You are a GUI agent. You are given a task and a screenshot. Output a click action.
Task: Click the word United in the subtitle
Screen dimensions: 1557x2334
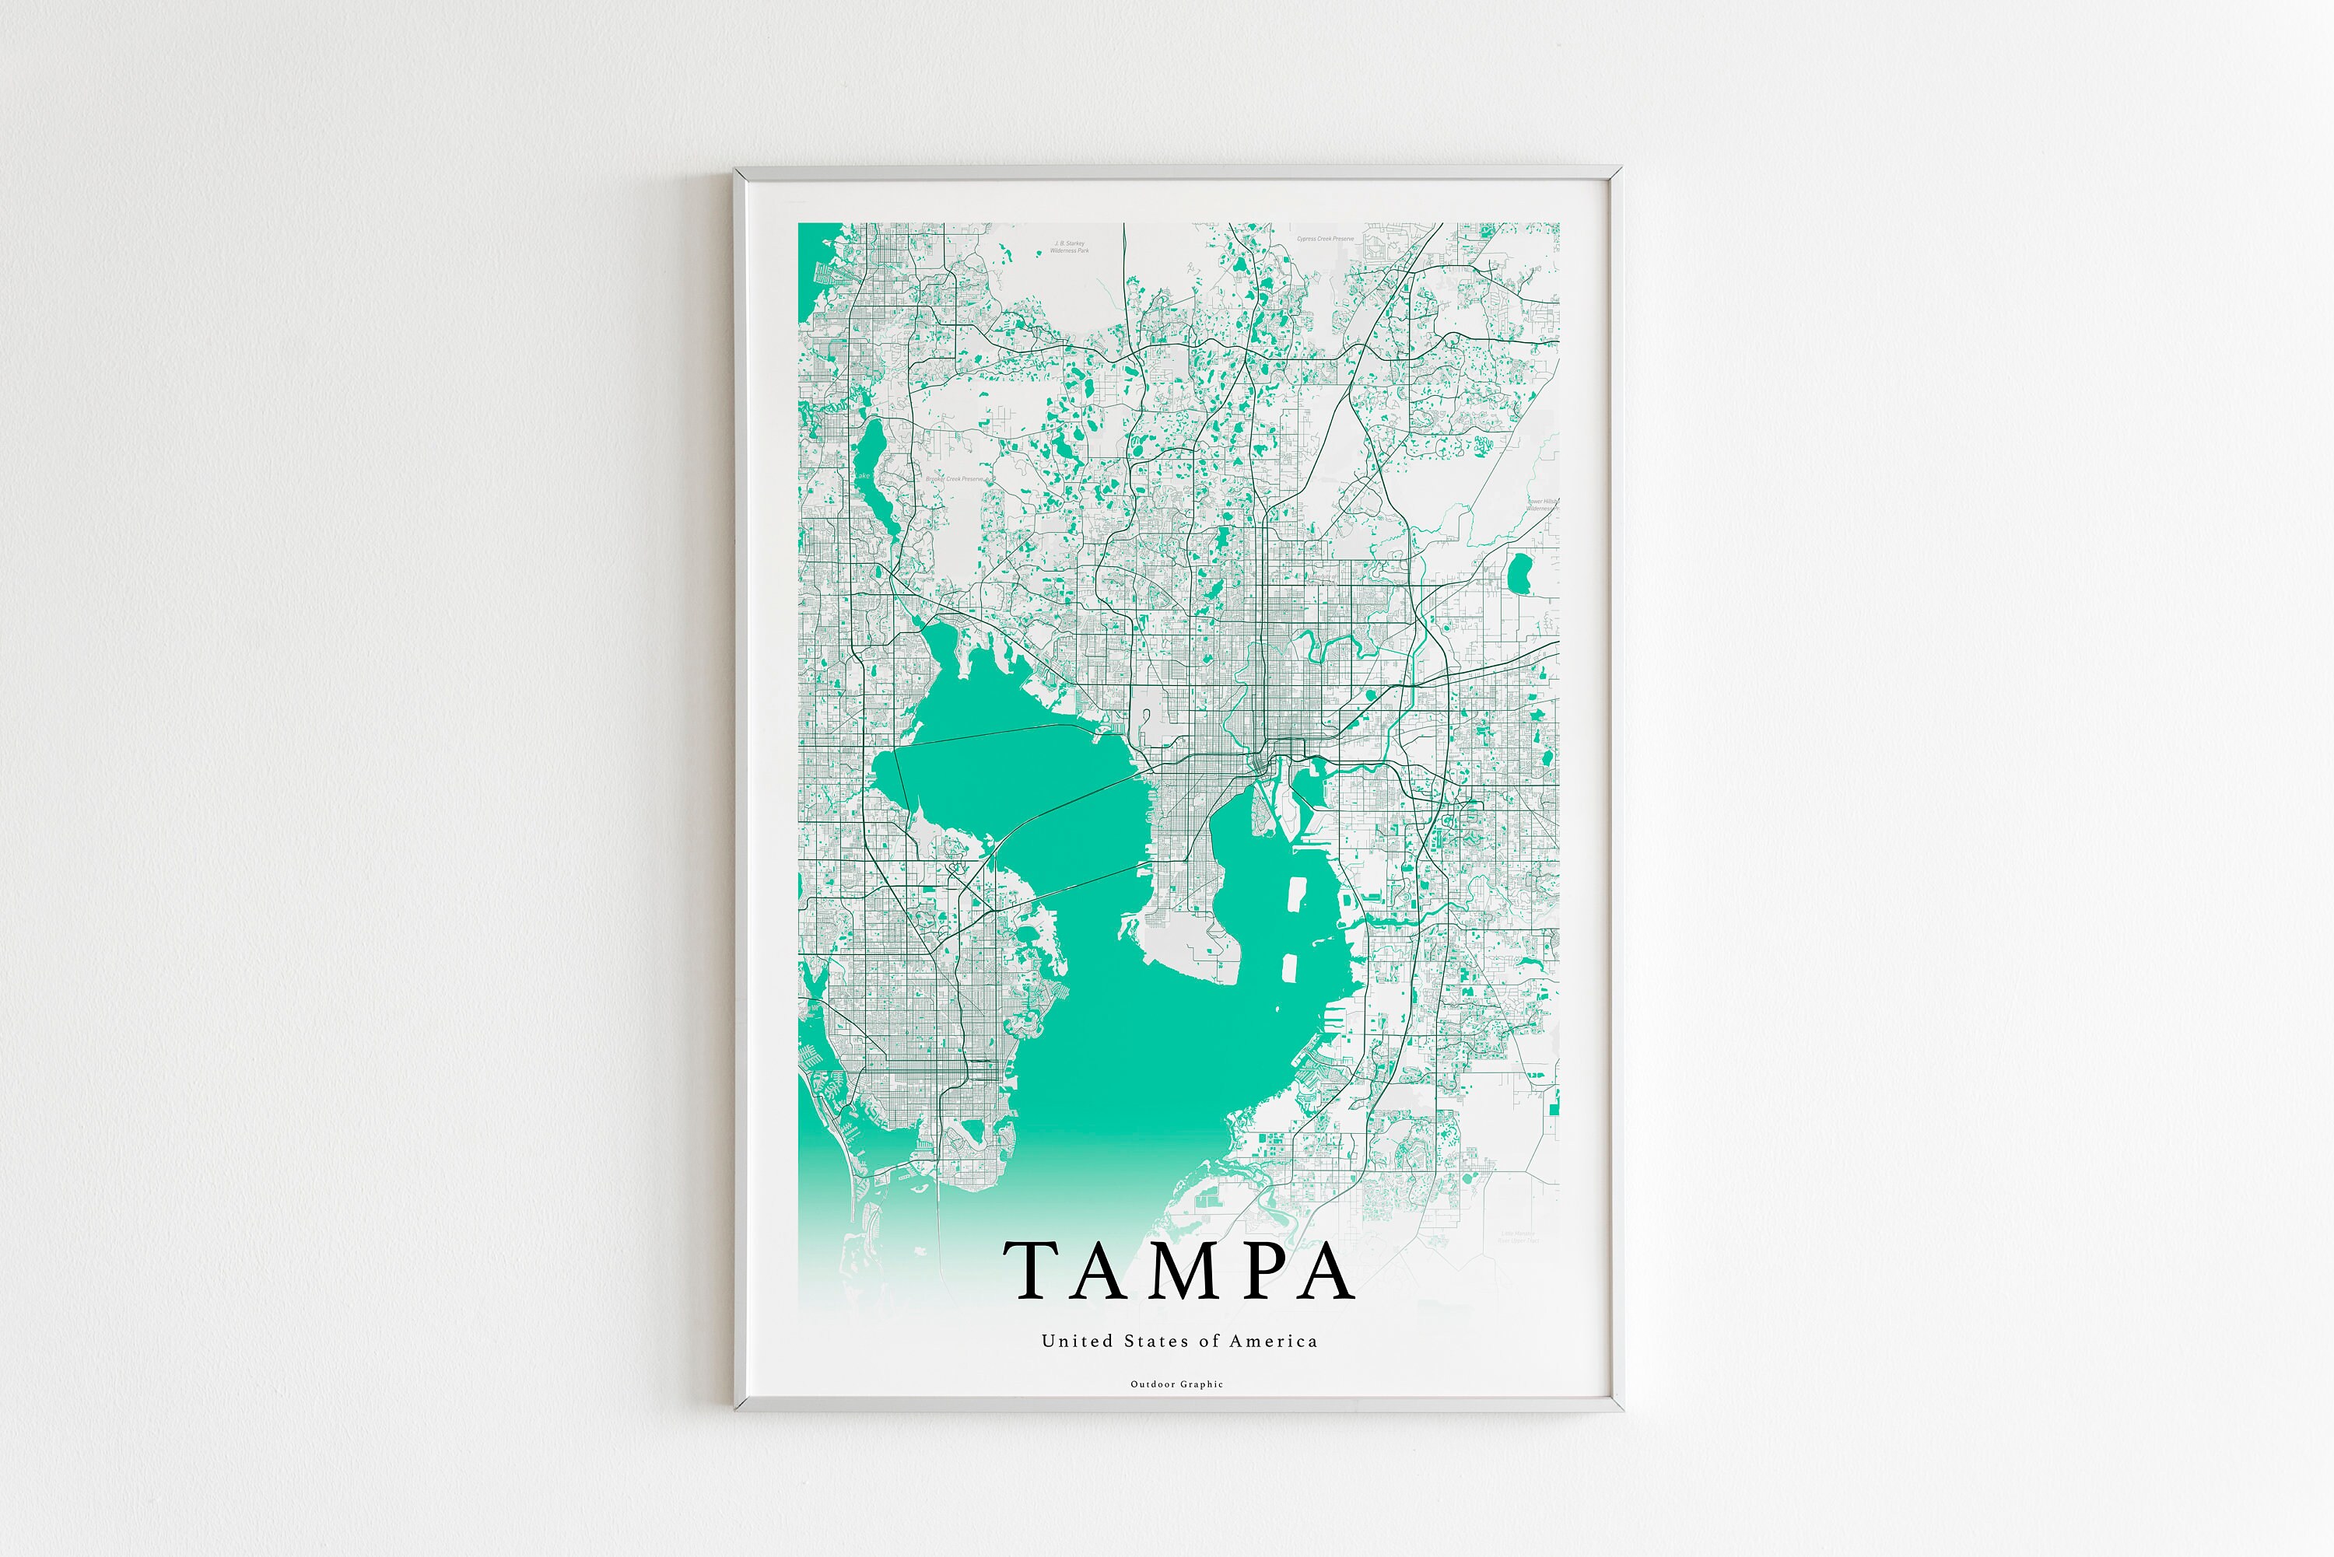tap(1063, 1341)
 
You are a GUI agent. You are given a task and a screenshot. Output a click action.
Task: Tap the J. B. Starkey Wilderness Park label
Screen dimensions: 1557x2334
tap(1070, 247)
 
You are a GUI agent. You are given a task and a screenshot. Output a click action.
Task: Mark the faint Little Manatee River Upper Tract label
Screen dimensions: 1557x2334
tap(1518, 1237)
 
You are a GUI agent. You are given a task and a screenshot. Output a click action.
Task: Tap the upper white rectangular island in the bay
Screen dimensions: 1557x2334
tap(1295, 894)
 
